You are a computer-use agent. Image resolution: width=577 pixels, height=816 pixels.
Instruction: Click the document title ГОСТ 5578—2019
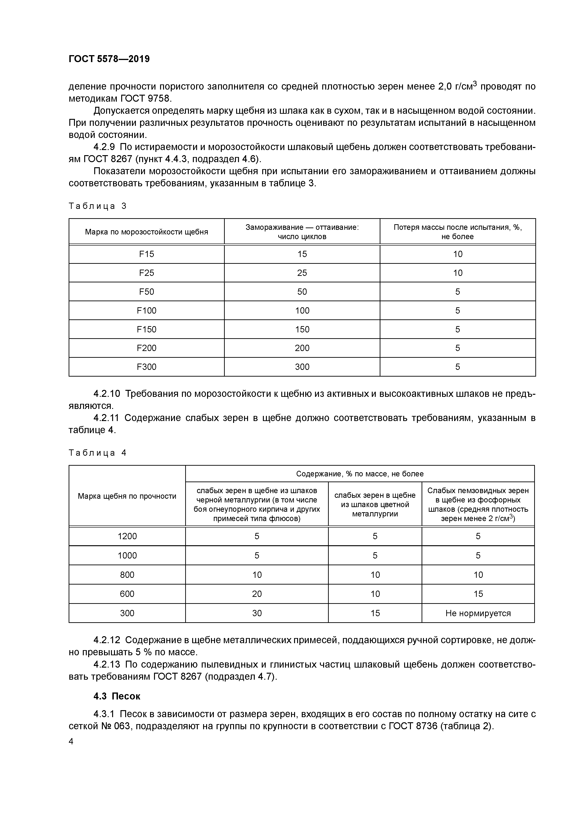point(109,59)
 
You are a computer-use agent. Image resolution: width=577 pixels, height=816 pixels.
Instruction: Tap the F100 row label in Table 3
point(147,311)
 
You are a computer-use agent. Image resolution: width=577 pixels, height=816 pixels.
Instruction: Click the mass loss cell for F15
point(458,254)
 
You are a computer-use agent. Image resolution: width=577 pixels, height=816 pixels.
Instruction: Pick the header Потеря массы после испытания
point(458,232)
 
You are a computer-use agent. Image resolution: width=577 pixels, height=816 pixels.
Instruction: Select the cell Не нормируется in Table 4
point(478,613)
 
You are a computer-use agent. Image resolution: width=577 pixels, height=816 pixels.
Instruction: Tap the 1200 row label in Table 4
point(127,536)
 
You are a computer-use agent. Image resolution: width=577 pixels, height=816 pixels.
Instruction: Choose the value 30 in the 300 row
point(257,613)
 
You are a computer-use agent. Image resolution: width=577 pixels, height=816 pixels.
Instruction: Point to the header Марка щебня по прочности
point(127,496)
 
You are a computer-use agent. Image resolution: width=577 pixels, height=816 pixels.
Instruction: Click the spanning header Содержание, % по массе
point(360,474)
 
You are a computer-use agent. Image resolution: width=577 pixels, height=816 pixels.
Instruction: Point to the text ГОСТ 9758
point(145,98)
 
